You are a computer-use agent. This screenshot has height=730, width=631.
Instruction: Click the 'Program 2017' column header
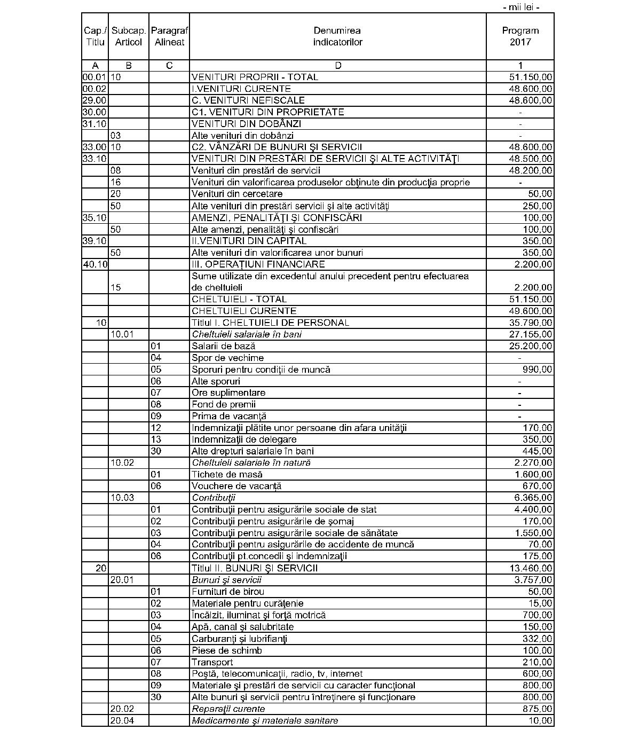pos(520,36)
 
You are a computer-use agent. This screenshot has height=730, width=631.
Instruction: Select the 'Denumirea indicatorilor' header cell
pos(337,36)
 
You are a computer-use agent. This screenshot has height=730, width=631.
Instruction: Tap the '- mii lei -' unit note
pos(521,7)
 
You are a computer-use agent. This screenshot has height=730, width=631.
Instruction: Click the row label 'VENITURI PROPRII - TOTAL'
pos(255,77)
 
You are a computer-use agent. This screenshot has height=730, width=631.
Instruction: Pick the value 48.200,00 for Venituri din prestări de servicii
pos(530,170)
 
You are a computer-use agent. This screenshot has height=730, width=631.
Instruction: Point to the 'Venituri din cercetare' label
pos(237,194)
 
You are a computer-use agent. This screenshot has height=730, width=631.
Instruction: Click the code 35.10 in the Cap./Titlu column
pos(94,217)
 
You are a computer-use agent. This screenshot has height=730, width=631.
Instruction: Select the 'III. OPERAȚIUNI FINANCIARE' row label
pos(258,264)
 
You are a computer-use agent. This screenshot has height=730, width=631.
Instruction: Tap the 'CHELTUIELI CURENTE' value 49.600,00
pos(530,311)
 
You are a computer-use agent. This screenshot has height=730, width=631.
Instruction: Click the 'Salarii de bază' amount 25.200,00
pos(530,346)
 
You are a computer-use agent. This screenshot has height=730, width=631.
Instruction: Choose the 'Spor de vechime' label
pos(227,358)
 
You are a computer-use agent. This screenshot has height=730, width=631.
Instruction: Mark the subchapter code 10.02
pos(122,462)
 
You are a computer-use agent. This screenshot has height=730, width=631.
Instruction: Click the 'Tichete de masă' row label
pos(227,474)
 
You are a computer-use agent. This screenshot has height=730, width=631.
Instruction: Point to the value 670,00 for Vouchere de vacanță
pos(537,486)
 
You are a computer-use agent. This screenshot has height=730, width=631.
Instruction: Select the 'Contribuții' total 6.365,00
pos(533,498)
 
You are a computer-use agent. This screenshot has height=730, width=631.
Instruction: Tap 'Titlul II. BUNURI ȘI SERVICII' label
pos(254,568)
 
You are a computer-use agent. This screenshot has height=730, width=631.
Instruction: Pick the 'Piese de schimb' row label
pos(227,650)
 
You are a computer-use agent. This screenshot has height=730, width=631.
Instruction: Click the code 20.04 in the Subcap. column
pos(122,720)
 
